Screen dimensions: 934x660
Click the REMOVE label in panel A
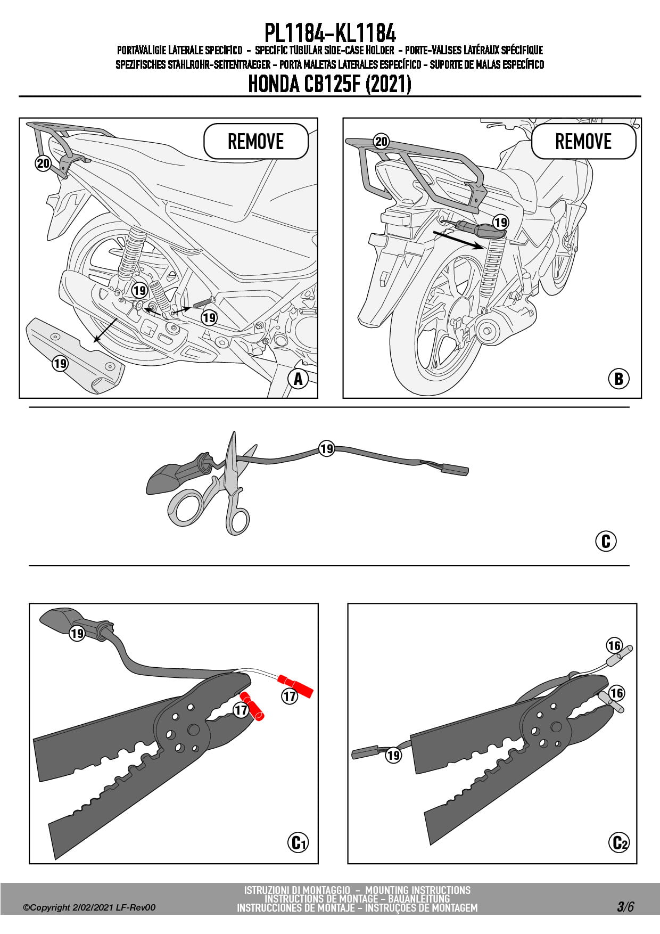click(x=255, y=142)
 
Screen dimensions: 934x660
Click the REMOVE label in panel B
click(x=583, y=142)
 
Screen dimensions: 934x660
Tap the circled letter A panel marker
click(x=298, y=379)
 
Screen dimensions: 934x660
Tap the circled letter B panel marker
click(x=618, y=379)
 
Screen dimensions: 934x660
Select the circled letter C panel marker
click(x=605, y=541)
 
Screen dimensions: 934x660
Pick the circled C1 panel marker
click(x=298, y=842)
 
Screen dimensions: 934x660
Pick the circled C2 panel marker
click(x=618, y=842)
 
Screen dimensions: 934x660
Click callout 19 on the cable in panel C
click(x=326, y=449)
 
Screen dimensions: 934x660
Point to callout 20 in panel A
click(x=43, y=163)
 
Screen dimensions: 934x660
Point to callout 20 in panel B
click(x=381, y=142)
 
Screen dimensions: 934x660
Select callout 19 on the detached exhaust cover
click(x=60, y=363)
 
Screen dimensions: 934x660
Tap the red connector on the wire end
click(x=296, y=685)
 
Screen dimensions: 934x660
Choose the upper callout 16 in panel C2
click(x=614, y=646)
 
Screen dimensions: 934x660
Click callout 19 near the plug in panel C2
click(x=393, y=755)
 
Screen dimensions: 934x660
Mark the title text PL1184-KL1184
click(x=330, y=34)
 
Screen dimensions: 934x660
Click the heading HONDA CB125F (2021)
click(x=330, y=84)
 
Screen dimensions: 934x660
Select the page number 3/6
click(x=625, y=906)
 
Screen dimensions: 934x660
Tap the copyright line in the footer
click(x=89, y=907)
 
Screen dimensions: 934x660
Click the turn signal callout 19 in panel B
click(x=500, y=222)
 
